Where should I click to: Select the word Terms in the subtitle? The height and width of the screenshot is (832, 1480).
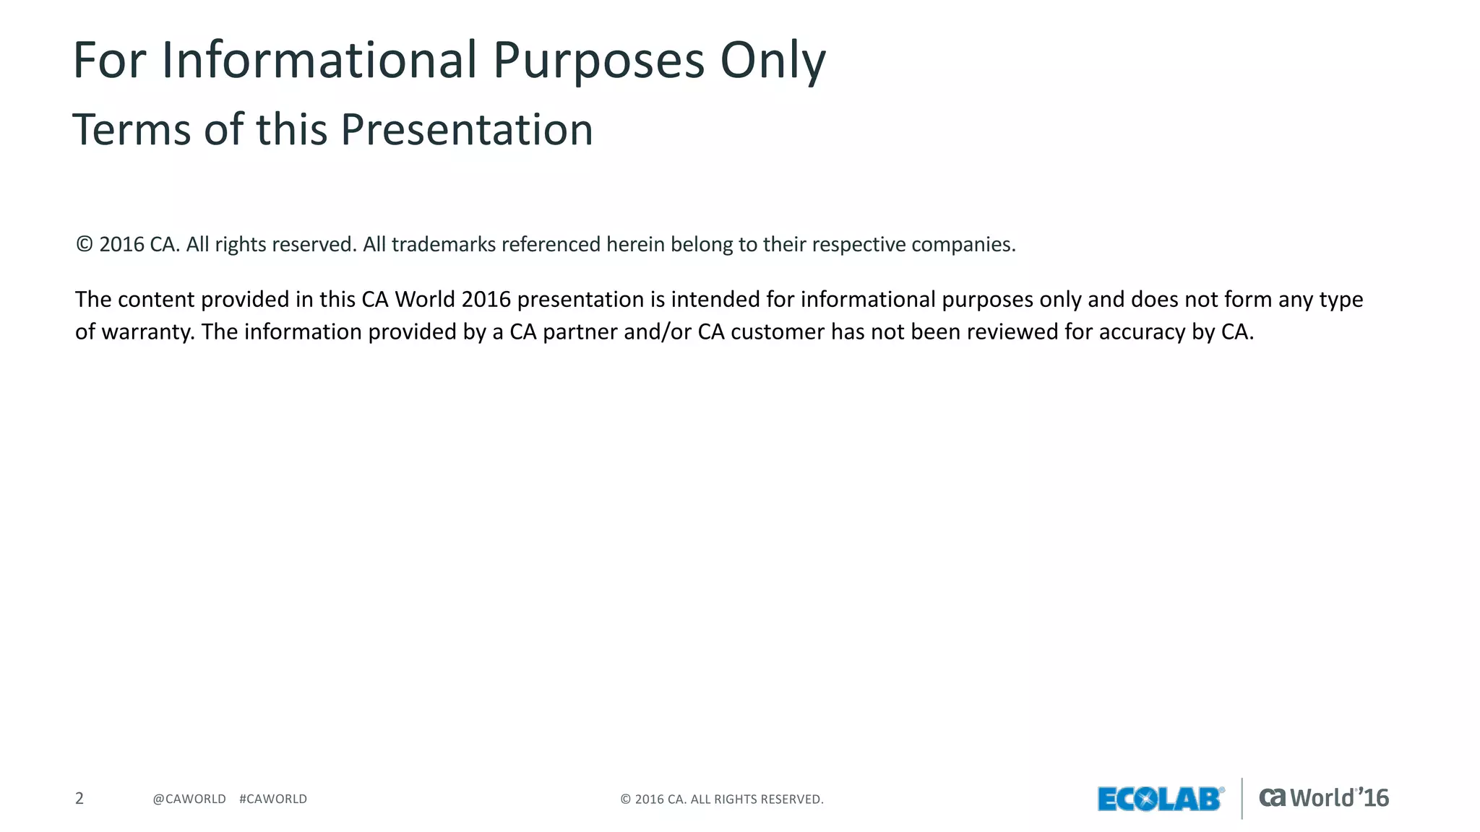click(x=132, y=130)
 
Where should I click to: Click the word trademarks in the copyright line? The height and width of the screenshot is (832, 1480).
click(x=444, y=245)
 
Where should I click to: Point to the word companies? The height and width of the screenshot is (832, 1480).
click(x=963, y=245)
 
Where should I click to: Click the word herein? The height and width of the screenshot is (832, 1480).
click(x=635, y=245)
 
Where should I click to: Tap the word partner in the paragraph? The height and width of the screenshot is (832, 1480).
click(x=575, y=332)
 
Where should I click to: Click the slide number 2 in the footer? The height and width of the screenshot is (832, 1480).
click(x=79, y=799)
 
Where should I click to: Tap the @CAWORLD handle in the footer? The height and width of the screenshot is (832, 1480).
click(x=189, y=799)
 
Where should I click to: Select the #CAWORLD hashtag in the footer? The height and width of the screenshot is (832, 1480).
click(x=273, y=799)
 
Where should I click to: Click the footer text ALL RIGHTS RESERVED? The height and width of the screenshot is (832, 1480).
click(x=757, y=799)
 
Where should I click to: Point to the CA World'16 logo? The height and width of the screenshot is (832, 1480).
click(x=1324, y=798)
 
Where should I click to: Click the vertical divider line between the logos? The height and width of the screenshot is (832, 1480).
click(x=1242, y=798)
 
